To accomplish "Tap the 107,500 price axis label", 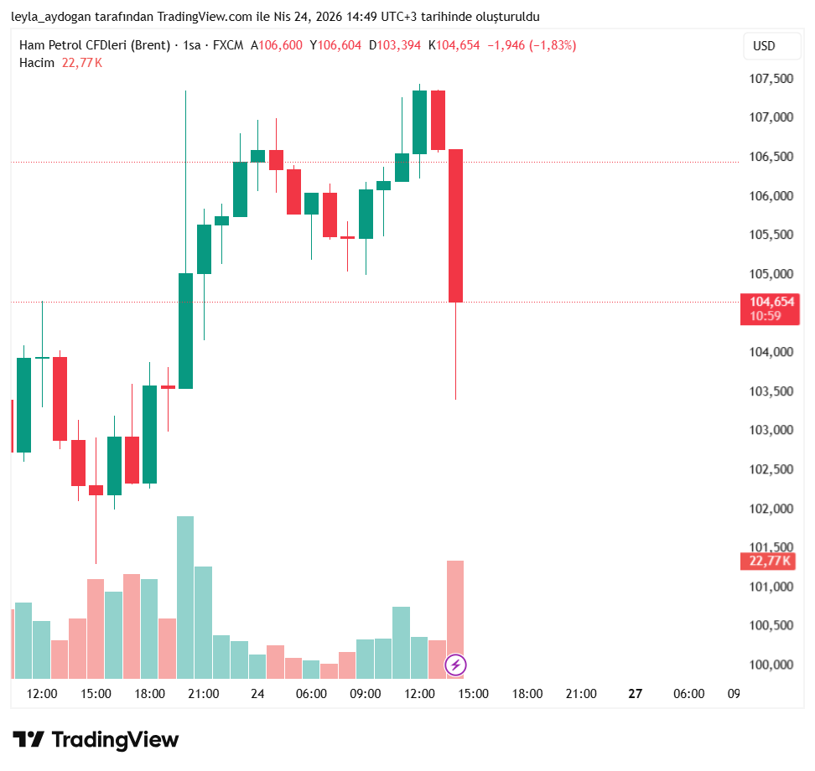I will click(x=771, y=79).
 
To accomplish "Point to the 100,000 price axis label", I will click(x=771, y=665).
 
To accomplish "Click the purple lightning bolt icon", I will click(x=455, y=665).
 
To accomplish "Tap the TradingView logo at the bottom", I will click(x=96, y=740).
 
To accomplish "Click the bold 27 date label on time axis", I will click(x=635, y=694).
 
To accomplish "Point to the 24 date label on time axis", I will click(x=257, y=694).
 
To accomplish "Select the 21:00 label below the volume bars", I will click(x=204, y=694).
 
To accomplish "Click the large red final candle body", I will click(x=455, y=225).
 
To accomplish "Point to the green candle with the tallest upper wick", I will click(x=185, y=330).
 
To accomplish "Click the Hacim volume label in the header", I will click(x=37, y=63).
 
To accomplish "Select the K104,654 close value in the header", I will click(x=454, y=45).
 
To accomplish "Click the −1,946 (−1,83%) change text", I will click(x=532, y=45).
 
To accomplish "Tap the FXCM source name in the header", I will click(x=227, y=45).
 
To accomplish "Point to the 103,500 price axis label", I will click(x=771, y=391).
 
